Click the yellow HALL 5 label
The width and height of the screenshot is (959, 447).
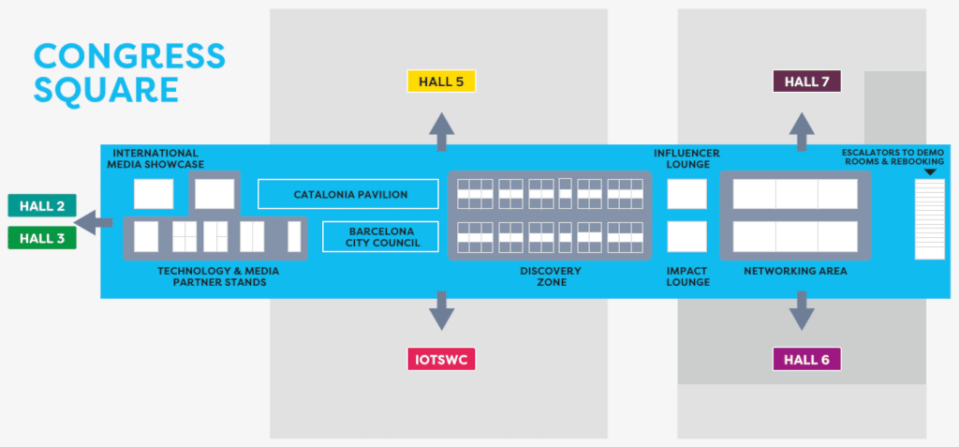441,81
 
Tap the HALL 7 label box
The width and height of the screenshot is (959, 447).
806,81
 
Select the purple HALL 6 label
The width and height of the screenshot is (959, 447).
806,359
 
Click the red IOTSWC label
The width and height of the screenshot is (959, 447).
441,359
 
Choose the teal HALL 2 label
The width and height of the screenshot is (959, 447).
41,205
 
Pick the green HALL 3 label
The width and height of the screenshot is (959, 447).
41,238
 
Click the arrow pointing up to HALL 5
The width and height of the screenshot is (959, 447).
441,129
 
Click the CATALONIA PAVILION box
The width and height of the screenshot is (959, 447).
348,194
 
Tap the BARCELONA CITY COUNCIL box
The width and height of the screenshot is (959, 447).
380,236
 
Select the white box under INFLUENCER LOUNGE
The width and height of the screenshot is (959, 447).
686,194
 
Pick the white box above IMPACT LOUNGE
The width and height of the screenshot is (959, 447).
686,236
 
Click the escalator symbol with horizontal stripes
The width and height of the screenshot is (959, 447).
929,218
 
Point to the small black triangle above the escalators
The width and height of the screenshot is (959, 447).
929,171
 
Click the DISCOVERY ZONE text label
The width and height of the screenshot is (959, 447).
550,276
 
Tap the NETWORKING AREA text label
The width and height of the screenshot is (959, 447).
795,271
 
